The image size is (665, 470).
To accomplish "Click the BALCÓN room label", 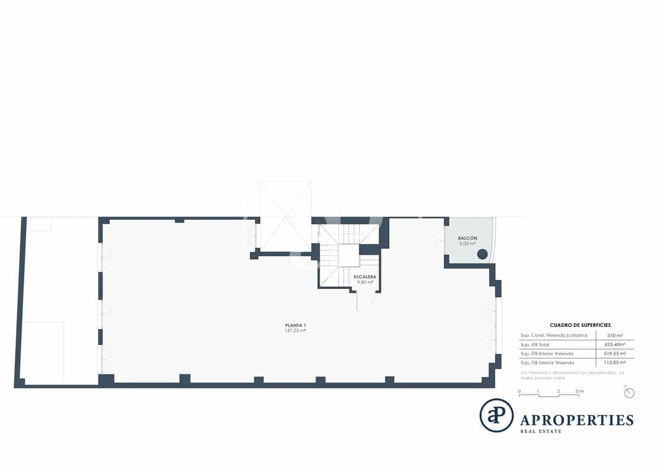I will tap(467, 238).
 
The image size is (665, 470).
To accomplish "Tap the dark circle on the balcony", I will tap(482, 254).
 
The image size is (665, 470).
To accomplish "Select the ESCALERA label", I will tap(365, 277).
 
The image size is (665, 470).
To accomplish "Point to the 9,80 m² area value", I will tap(365, 282).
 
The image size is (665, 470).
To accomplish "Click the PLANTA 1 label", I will tap(295, 325).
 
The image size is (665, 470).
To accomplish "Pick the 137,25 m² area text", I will tap(295, 330).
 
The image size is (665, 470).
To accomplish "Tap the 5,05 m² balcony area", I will tap(467, 244).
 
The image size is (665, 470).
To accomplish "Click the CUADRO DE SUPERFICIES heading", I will tap(580, 325).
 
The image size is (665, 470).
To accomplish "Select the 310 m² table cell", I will tap(615, 336).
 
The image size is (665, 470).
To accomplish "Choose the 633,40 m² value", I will tap(615, 345).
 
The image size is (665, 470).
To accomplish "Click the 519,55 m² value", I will tap(615, 354).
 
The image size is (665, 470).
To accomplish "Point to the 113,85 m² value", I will tap(615, 363).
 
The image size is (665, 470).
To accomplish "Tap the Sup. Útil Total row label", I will tap(534, 345).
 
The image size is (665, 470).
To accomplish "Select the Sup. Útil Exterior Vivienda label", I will tap(547, 363).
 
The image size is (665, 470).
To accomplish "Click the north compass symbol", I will tap(629, 393).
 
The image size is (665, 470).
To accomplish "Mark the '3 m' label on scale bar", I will tap(579, 391).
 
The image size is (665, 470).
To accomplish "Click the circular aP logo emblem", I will tap(496, 415).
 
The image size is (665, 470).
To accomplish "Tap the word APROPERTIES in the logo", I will tap(577, 420).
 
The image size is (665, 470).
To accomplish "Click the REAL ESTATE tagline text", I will tap(541, 432).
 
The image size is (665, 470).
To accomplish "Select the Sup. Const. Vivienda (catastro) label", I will tap(553, 336).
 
